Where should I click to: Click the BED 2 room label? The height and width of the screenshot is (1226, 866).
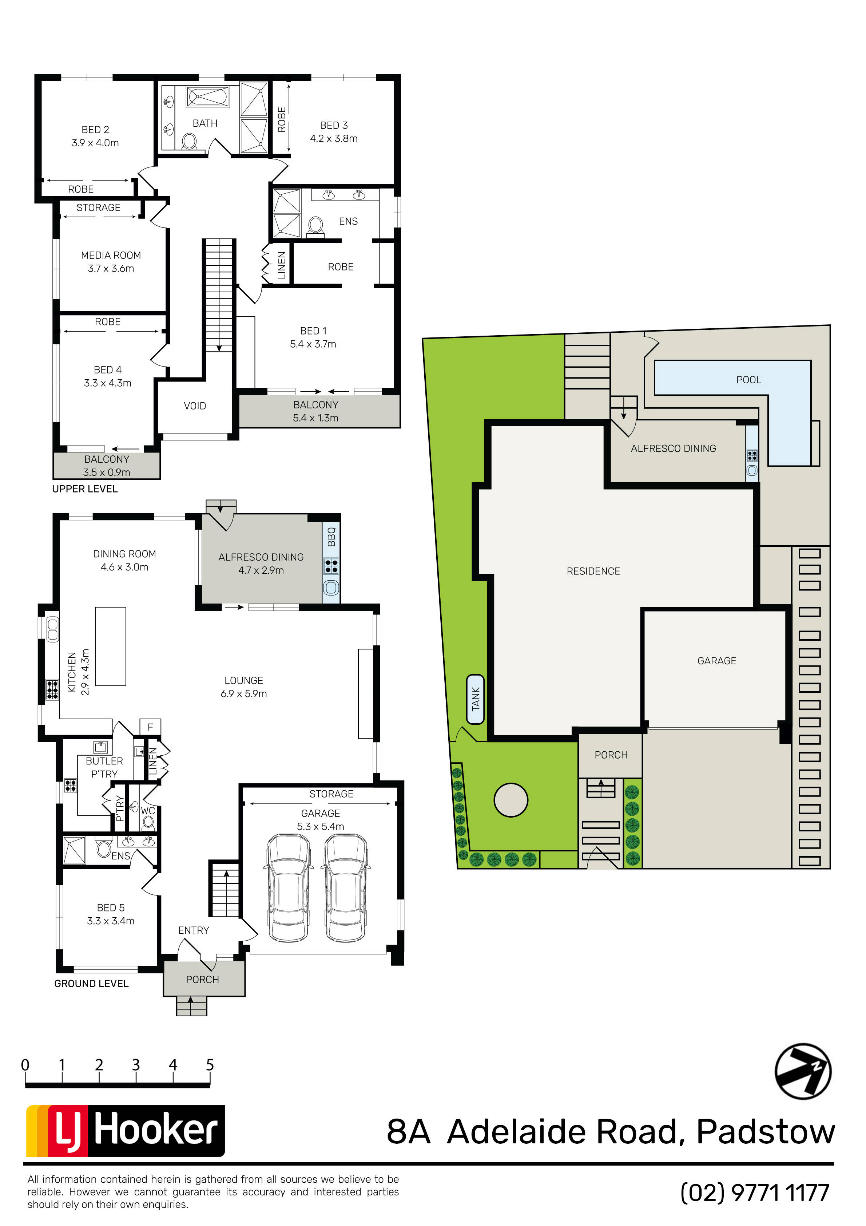(x=96, y=136)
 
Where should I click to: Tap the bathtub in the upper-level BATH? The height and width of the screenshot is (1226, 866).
(x=208, y=97)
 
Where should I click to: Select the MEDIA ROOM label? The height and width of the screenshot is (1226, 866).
(x=111, y=262)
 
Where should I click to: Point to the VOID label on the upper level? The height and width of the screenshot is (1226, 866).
(x=195, y=406)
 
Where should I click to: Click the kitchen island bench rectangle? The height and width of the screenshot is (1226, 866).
(x=111, y=646)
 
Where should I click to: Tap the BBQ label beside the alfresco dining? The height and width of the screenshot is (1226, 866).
(x=331, y=537)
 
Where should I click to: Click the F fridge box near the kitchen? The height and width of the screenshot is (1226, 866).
(x=150, y=727)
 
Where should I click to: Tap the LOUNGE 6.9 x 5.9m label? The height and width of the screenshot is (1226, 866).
(x=244, y=687)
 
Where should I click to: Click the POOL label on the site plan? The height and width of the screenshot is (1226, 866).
(x=748, y=380)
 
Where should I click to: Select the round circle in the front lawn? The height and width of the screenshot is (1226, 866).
(x=511, y=800)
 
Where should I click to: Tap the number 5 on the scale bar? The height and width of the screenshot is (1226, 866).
(x=210, y=1065)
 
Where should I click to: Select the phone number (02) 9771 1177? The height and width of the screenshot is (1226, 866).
(x=755, y=1193)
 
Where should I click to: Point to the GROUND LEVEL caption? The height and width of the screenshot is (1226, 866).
(x=91, y=984)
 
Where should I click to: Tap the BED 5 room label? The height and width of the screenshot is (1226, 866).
(x=111, y=914)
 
